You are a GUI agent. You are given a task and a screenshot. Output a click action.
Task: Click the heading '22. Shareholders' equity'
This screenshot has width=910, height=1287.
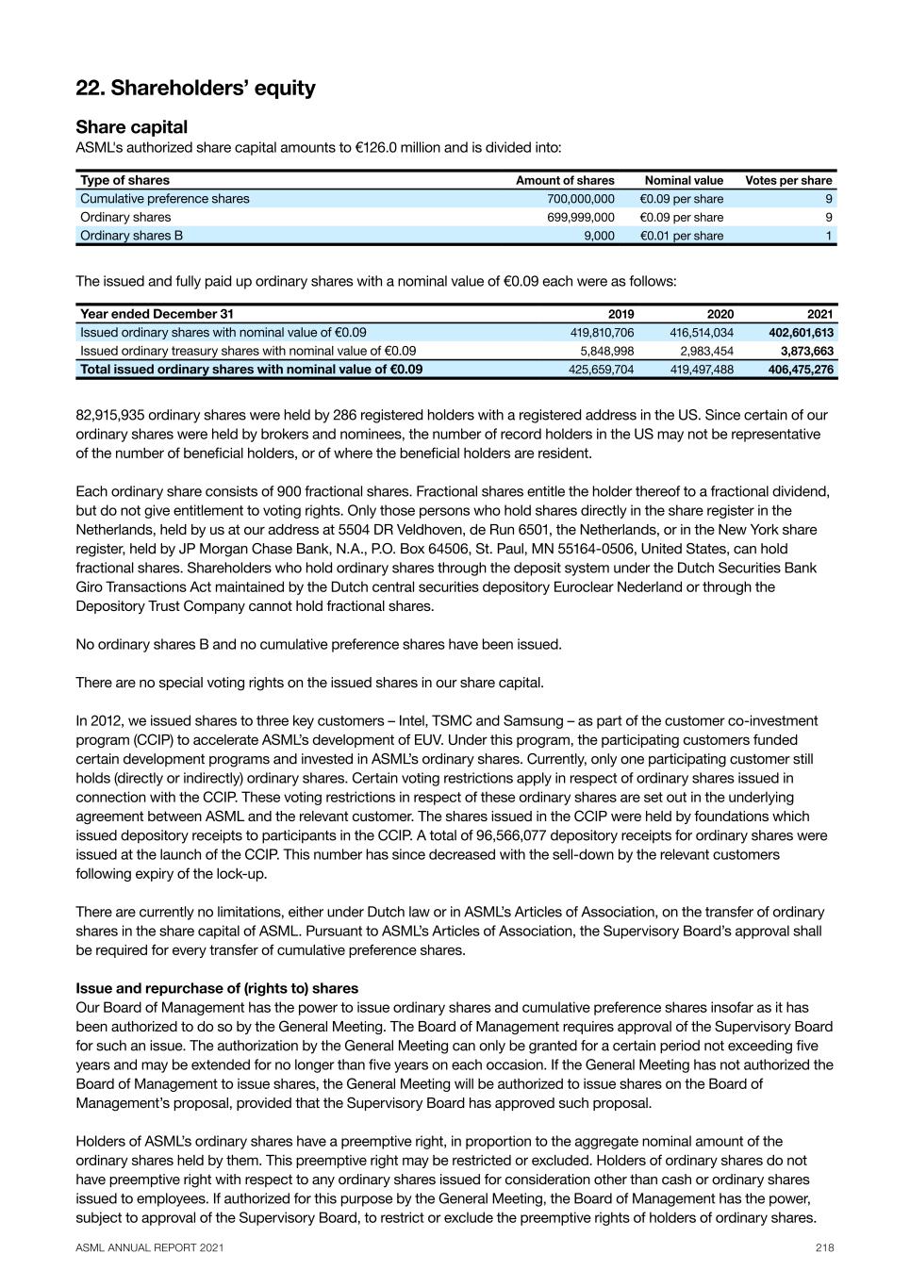[x=195, y=89]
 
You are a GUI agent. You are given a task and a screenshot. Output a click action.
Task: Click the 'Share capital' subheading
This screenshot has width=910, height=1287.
[x=131, y=127]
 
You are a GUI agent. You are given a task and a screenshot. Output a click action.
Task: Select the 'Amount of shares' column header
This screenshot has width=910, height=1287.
[x=564, y=180]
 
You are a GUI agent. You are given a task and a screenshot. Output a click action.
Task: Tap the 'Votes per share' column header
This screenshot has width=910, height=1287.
[x=788, y=180]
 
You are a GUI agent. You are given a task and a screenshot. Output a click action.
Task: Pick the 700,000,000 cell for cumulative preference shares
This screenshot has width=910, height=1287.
[x=580, y=199]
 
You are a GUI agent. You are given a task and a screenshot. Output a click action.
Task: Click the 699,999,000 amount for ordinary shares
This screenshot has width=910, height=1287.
[x=580, y=217]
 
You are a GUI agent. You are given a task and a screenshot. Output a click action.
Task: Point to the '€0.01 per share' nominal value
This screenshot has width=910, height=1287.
[x=681, y=236]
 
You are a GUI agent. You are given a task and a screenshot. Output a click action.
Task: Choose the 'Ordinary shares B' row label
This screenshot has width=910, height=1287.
[x=131, y=236]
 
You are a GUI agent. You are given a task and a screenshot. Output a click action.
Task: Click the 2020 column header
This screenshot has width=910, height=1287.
[x=720, y=314]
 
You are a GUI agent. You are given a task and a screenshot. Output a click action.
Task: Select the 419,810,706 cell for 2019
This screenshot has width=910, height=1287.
[x=602, y=333]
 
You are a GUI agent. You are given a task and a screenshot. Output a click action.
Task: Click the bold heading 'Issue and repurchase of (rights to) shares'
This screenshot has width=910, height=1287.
[x=217, y=988]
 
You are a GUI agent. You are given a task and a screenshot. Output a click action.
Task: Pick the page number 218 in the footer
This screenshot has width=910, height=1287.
[x=824, y=1247]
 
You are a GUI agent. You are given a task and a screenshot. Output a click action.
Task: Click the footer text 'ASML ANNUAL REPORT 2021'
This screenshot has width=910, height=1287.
[x=150, y=1247]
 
